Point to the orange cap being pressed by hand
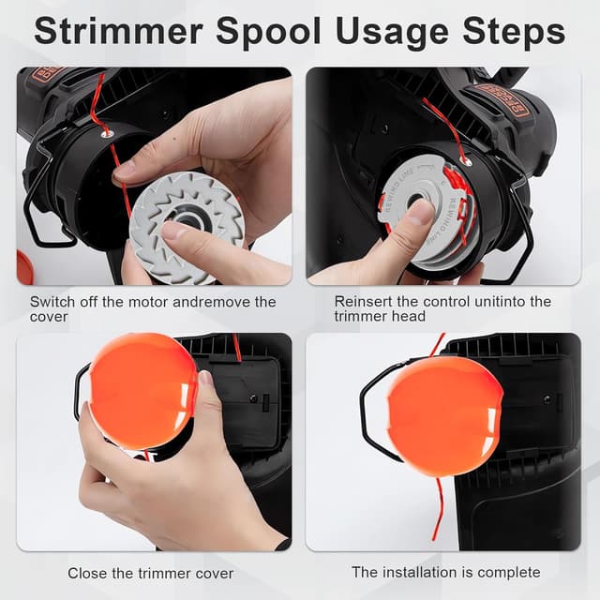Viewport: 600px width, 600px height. tap(142, 388)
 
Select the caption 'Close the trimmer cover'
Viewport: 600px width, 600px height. tap(151, 572)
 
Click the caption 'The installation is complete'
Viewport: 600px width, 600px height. tap(445, 571)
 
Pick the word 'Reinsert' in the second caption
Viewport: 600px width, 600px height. tap(363, 302)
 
